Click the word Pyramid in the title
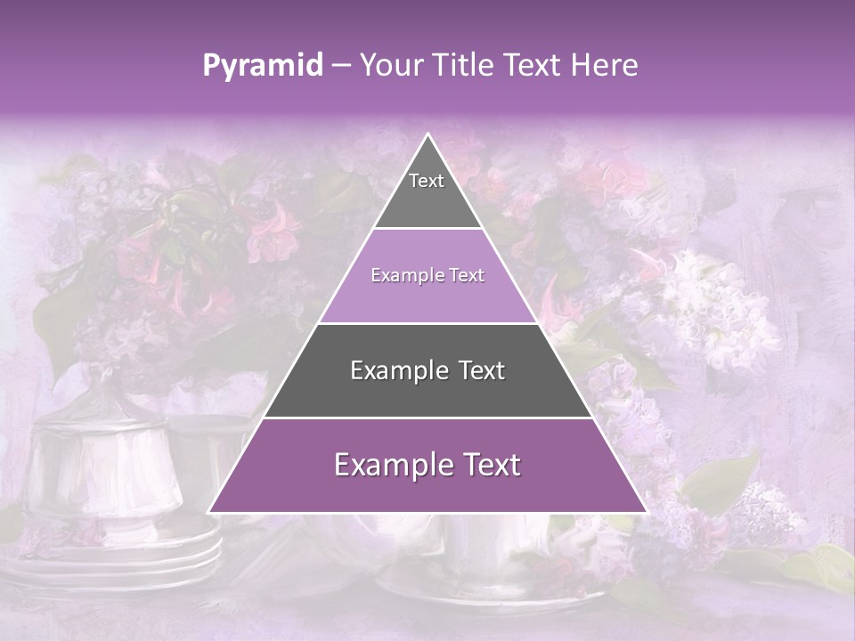point(263,66)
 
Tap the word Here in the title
point(606,65)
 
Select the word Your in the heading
point(392,65)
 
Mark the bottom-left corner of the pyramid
point(209,512)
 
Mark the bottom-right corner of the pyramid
point(647,512)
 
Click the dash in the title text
point(341,66)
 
